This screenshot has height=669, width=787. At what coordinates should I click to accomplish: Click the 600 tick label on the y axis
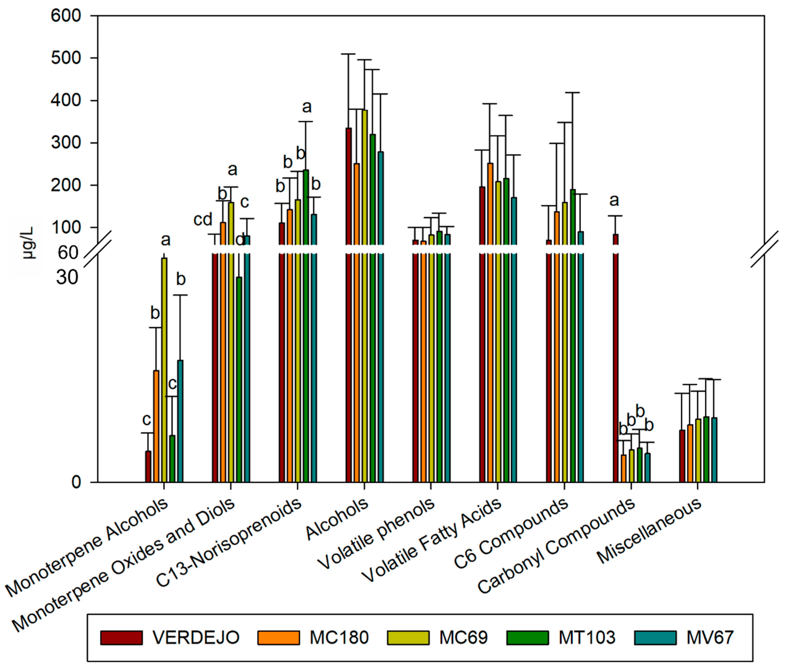click(66, 16)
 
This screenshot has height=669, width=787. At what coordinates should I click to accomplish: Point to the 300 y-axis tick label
click(66, 143)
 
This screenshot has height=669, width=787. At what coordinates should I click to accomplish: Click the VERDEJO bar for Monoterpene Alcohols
click(148, 466)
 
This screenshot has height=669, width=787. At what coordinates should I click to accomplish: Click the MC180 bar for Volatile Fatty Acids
click(490, 322)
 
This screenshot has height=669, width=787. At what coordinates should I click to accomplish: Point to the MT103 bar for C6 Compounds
click(573, 336)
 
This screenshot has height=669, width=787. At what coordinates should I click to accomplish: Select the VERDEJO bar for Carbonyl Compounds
click(615, 358)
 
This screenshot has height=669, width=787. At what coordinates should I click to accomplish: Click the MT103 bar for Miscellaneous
click(706, 449)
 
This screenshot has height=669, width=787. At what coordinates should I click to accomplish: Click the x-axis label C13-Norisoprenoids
click(229, 542)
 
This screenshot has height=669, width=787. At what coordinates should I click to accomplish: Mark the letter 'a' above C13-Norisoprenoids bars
click(307, 107)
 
